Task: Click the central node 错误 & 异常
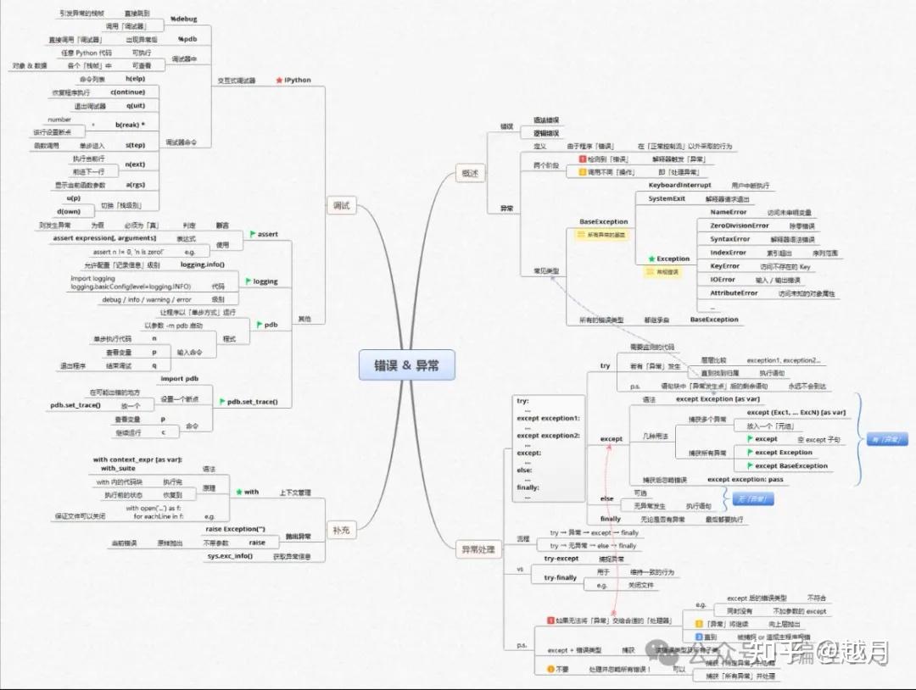coord(405,365)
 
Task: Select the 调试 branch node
coord(341,205)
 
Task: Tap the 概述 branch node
coord(468,173)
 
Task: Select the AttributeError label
coord(734,292)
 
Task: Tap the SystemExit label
coord(667,198)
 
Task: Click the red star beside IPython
coord(279,81)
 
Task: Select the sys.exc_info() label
coord(230,556)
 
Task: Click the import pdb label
coord(180,379)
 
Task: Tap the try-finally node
coord(560,577)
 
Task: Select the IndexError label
coord(728,253)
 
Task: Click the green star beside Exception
coord(651,259)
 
